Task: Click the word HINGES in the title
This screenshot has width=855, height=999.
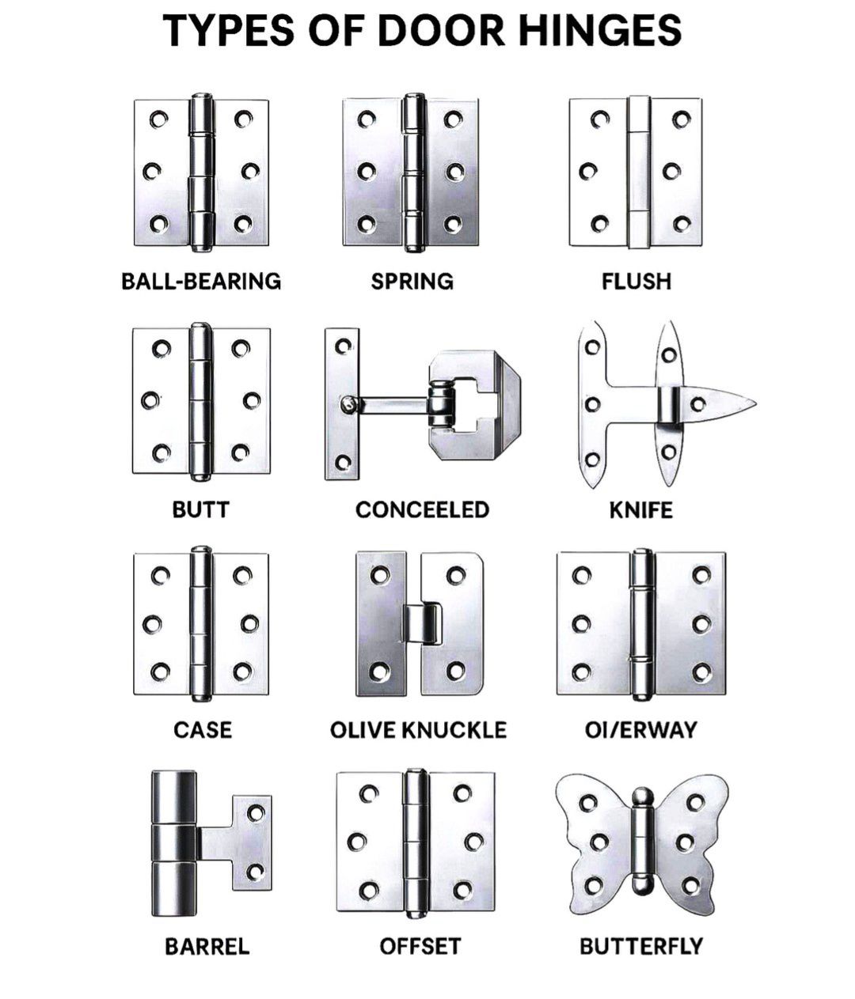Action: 600,30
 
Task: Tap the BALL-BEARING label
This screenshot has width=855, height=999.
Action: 201,282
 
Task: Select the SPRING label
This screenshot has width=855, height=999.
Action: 412,282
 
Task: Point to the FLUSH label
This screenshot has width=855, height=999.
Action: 636,282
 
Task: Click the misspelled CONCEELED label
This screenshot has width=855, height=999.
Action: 423,510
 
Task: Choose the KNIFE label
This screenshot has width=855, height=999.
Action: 640,510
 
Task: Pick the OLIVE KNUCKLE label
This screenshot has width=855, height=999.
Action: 418,730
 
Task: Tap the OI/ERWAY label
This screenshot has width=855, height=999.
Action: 640,730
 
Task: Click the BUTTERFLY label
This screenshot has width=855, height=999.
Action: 641,946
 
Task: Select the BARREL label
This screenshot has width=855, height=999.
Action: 207,946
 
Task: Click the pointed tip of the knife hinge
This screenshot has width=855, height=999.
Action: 754,403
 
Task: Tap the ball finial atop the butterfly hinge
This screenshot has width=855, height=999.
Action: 643,796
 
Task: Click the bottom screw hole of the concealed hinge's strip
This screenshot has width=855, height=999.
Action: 343,463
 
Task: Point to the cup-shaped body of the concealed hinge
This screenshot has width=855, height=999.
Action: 474,403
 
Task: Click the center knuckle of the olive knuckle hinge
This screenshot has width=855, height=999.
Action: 423,623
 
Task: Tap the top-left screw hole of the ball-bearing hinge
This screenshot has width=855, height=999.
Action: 158,119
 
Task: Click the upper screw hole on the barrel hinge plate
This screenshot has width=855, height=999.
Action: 256,813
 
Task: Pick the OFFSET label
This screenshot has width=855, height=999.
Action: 420,946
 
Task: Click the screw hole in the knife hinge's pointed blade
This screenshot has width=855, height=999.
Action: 697,403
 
